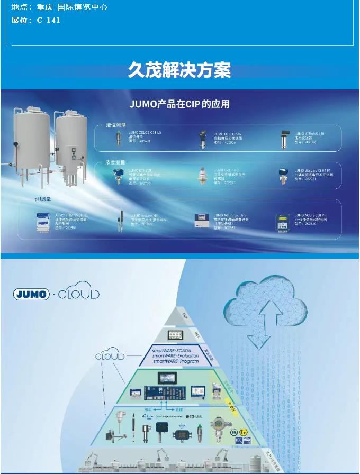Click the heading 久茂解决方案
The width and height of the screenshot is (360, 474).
pyautogui.click(x=179, y=70)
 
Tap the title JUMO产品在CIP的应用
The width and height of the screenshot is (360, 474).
pyautogui.click(x=180, y=104)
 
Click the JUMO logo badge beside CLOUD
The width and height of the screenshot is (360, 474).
pyautogui.click(x=31, y=294)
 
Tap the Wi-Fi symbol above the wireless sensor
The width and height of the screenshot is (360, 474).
pyautogui.click(x=181, y=425)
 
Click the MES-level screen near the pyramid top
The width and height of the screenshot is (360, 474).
pyautogui.click(x=175, y=335)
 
